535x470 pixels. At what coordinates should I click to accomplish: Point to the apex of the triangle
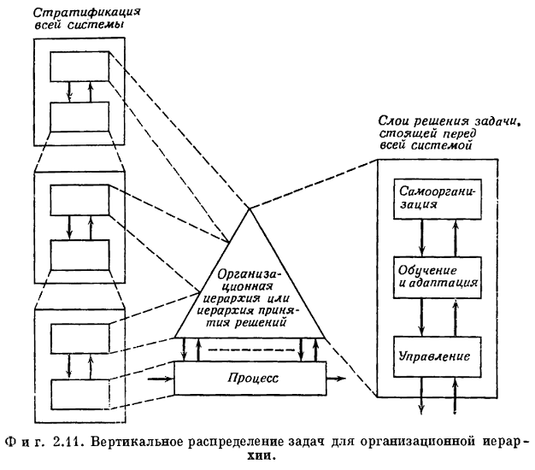pos(248,208)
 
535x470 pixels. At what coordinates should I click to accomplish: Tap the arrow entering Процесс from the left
pos(161,376)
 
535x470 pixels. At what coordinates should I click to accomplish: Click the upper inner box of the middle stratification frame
pos(80,200)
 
